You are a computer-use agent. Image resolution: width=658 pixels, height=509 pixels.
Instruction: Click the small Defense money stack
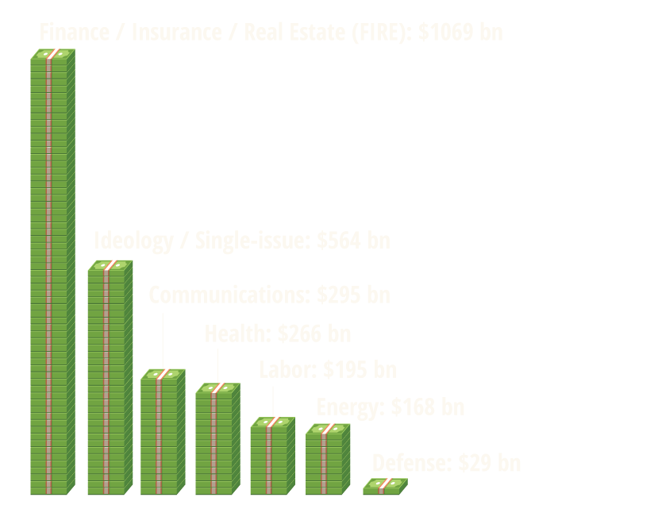tap(385, 486)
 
